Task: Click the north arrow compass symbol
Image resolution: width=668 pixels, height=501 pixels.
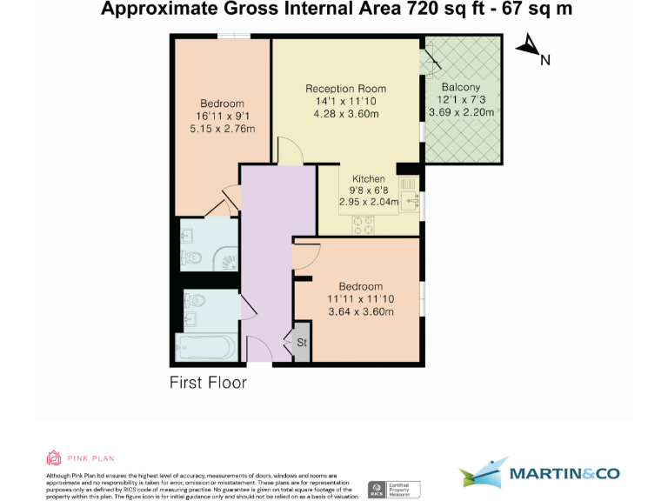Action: (527, 46)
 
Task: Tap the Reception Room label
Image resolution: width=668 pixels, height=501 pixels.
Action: (345, 89)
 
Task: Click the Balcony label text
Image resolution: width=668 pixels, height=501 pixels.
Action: (460, 88)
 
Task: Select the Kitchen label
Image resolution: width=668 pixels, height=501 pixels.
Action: (368, 179)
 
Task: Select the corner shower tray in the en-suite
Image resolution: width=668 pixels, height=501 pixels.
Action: (225, 257)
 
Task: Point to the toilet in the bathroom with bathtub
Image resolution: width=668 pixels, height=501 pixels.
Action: (194, 301)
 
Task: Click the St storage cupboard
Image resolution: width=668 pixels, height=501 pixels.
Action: (302, 343)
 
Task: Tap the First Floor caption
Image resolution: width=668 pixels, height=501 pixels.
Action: (208, 383)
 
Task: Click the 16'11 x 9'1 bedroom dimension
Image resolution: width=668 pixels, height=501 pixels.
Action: (223, 117)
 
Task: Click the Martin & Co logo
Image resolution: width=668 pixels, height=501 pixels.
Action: (538, 473)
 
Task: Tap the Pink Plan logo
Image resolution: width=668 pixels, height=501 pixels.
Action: (80, 458)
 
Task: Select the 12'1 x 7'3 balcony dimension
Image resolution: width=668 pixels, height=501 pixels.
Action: (460, 100)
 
